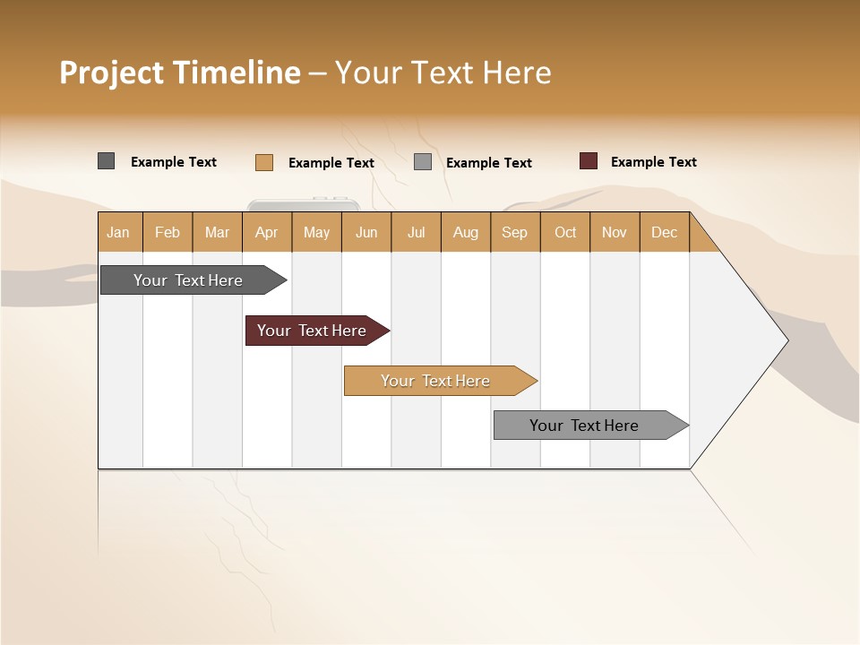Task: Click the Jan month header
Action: pyautogui.click(x=119, y=232)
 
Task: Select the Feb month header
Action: pyautogui.click(x=168, y=232)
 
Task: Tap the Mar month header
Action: pyautogui.click(x=217, y=232)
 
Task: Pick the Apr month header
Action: pyautogui.click(x=267, y=232)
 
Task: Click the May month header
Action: pyautogui.click(x=316, y=232)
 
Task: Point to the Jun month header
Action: pyautogui.click(x=366, y=232)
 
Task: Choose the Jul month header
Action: pyautogui.click(x=416, y=232)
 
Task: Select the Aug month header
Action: pyautogui.click(x=466, y=232)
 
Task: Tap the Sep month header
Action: pyautogui.click(x=515, y=232)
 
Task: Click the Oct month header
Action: pyautogui.click(x=565, y=232)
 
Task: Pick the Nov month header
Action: pyautogui.click(x=615, y=232)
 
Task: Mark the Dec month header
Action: pyautogui.click(x=665, y=232)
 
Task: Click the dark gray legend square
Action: pyautogui.click(x=106, y=161)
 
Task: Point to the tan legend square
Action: pyautogui.click(x=263, y=162)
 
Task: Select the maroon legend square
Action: pyautogui.click(x=588, y=161)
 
